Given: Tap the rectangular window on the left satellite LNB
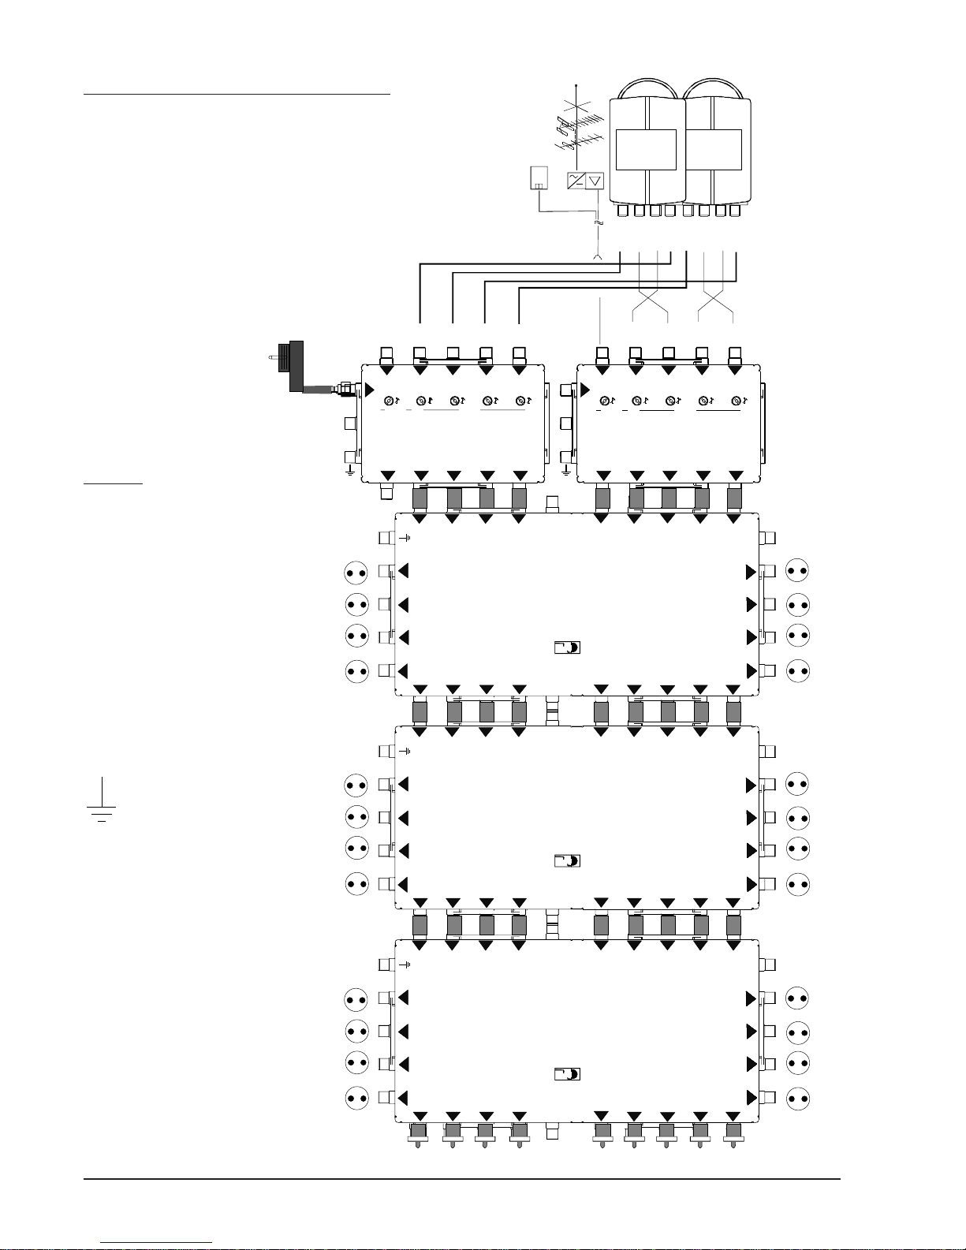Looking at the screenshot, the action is coord(646,150).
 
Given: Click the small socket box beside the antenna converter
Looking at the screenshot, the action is coord(539,178).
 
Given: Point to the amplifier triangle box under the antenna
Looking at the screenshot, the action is coord(596,181).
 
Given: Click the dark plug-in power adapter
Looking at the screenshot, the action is coord(297,366).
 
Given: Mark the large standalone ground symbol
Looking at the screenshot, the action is coord(101,804).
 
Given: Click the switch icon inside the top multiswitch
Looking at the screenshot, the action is coord(567,647).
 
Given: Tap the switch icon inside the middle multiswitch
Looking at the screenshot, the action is coord(567,860).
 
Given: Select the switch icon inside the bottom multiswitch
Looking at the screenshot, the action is coord(567,1074).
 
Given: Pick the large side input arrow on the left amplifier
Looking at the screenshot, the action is coord(368,390).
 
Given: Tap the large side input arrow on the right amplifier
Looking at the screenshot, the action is coord(585,390).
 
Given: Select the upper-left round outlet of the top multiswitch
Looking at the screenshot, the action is coord(356,573).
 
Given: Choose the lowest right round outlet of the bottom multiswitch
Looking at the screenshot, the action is coord(798,1098).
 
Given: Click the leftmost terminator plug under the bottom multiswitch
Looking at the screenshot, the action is coord(418,1135).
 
